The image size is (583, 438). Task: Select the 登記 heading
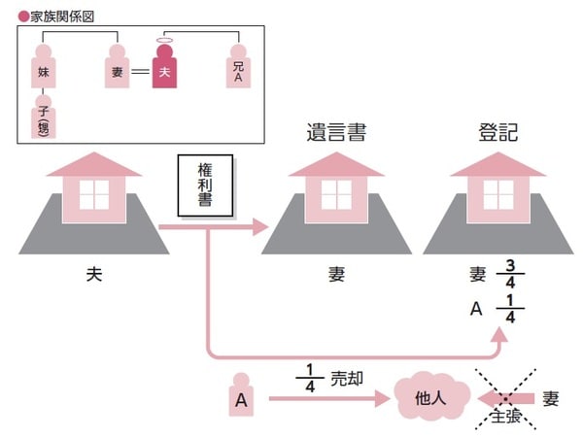498,132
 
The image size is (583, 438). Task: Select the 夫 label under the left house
94,275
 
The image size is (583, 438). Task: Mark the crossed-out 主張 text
505,418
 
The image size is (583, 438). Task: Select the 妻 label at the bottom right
552,397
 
